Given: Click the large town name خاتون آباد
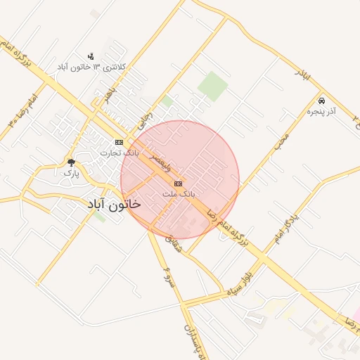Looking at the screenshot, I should point(114,204).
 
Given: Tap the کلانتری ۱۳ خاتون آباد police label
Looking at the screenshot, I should point(94,67).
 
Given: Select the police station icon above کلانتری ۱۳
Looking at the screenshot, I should point(90,56).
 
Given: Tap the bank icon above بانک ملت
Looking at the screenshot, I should point(177,183).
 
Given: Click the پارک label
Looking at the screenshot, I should point(70,172).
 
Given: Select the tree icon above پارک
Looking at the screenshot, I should point(70,162).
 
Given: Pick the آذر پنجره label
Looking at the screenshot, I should point(322,112).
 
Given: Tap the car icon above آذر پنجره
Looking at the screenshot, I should point(322,101).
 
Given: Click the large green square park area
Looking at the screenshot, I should point(212,86).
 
